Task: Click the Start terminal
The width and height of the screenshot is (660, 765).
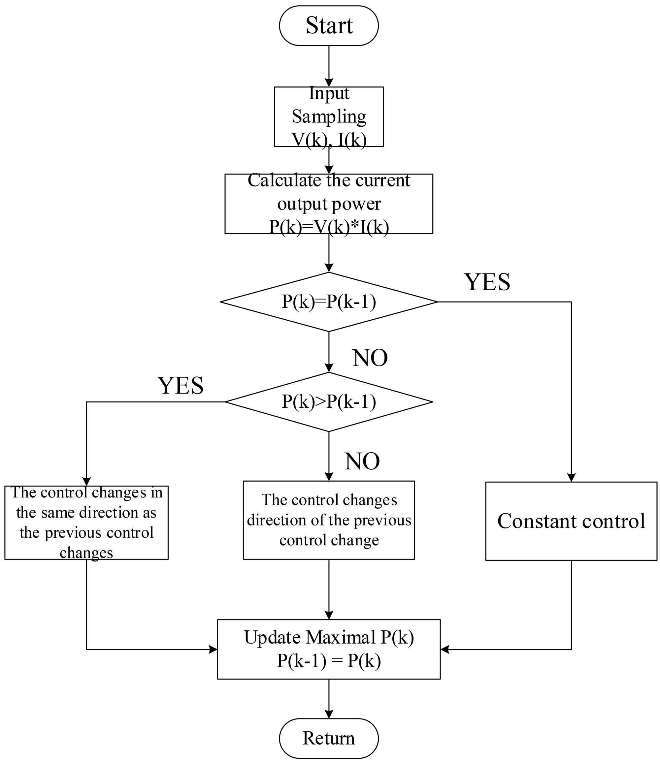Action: coord(329,25)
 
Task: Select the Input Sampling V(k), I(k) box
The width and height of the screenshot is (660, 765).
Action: coord(329,117)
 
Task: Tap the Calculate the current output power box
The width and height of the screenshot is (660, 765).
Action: coord(329,204)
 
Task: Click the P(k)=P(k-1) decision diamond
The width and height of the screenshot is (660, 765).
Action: coord(329,302)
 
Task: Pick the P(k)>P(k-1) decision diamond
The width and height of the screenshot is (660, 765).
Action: coord(329,402)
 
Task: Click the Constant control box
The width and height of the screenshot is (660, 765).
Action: coord(571,521)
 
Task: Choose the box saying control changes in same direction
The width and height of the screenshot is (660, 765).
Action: coord(86,523)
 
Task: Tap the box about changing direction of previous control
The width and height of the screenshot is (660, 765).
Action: coord(329,520)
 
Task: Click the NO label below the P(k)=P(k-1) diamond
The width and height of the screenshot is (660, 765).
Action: coord(370,358)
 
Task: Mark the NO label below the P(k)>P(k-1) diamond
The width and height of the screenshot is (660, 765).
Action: coord(362,461)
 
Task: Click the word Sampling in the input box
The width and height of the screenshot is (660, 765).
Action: coord(329,117)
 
